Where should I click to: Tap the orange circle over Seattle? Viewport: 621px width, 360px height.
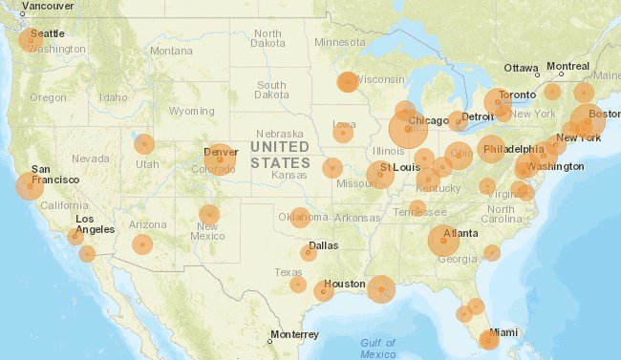tap(31, 40)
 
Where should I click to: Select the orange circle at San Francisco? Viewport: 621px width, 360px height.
tap(29, 185)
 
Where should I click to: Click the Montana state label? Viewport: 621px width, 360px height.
tap(171, 51)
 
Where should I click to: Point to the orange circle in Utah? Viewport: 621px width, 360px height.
tap(144, 144)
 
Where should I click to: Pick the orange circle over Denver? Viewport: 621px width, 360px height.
tap(220, 159)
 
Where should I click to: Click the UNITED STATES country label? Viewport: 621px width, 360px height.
tap(280, 155)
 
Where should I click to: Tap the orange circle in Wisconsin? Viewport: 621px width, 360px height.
tap(348, 82)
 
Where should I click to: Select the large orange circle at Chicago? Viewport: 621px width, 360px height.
tap(408, 129)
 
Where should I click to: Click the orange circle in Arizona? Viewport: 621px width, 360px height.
tap(142, 244)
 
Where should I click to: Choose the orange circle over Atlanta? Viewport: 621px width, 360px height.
tap(443, 241)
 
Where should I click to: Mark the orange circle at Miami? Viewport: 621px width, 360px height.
tap(488, 340)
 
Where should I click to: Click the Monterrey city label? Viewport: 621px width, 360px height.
tap(293, 334)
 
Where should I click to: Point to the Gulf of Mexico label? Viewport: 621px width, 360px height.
tap(378, 349)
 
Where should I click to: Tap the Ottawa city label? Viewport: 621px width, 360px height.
tap(522, 68)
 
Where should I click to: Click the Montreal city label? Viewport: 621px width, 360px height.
tap(567, 67)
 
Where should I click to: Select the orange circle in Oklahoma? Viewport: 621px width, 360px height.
tap(300, 218)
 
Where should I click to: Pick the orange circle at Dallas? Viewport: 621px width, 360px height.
tap(309, 253)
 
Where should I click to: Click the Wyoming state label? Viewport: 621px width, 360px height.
tap(192, 111)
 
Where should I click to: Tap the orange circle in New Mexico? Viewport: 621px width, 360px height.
tap(209, 215)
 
